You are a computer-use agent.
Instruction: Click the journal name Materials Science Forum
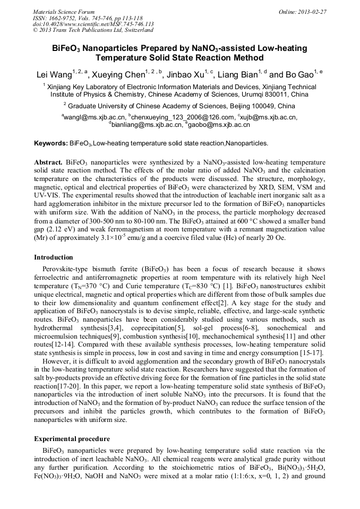(x=64, y=12)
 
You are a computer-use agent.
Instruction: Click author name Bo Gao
(x=297, y=75)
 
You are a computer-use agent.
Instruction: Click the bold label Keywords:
(x=51, y=143)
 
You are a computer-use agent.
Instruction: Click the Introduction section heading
(x=54, y=257)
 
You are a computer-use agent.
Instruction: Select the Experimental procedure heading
(x=72, y=439)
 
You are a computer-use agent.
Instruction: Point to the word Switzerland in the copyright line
(x=135, y=30)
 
